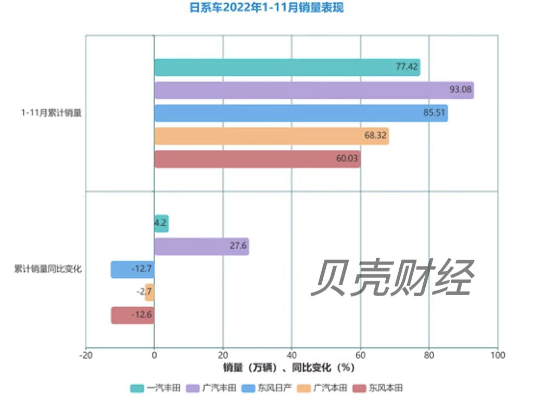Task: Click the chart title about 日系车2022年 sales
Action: click(x=266, y=8)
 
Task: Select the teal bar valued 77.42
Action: click(x=287, y=68)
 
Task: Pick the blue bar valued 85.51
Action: click(x=301, y=113)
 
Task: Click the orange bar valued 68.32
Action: click(x=271, y=136)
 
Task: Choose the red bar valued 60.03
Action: click(x=257, y=159)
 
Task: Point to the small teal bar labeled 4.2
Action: click(x=161, y=224)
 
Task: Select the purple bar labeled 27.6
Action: click(x=201, y=246)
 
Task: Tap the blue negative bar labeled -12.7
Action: click(x=133, y=269)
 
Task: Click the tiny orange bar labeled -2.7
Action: click(x=150, y=292)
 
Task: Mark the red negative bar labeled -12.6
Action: click(x=133, y=315)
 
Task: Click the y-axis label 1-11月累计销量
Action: click(x=52, y=113)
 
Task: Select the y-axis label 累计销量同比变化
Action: click(x=48, y=270)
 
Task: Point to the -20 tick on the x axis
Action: click(x=86, y=355)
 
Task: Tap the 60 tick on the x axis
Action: click(x=360, y=355)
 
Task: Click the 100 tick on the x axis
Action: click(x=498, y=355)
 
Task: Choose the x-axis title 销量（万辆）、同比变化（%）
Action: click(x=289, y=367)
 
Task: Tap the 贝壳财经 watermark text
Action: click(x=392, y=278)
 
